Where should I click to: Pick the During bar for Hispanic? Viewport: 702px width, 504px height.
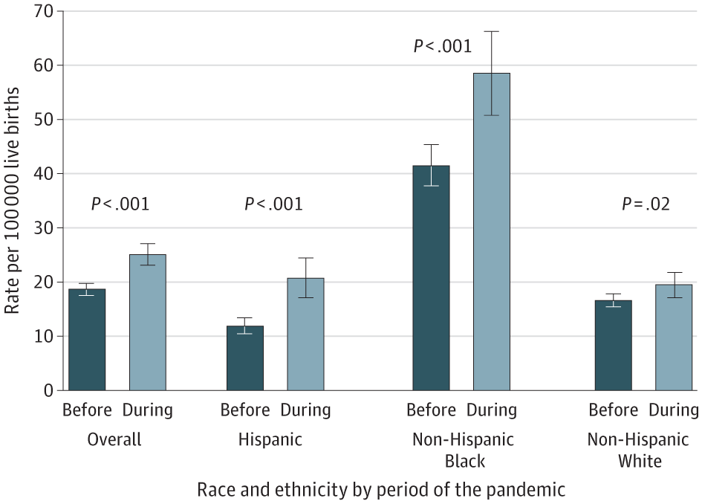click(x=305, y=335)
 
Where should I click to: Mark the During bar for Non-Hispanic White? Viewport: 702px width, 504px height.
click(x=674, y=337)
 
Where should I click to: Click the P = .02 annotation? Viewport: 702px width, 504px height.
click(x=646, y=204)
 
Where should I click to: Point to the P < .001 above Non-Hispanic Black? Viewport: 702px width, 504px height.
click(x=443, y=47)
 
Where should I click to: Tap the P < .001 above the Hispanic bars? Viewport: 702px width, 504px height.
click(x=274, y=204)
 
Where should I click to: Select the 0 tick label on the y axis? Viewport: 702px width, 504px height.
click(x=49, y=390)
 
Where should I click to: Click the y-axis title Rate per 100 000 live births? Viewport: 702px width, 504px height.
click(x=14, y=201)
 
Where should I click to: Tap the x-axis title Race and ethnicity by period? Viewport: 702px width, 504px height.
click(x=381, y=490)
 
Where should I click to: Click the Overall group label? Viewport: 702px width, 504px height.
click(x=114, y=439)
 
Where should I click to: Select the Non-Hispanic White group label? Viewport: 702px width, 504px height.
click(x=640, y=450)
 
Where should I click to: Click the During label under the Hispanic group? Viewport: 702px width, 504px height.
click(x=305, y=410)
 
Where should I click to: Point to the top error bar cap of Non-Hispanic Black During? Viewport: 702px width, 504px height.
click(x=492, y=31)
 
